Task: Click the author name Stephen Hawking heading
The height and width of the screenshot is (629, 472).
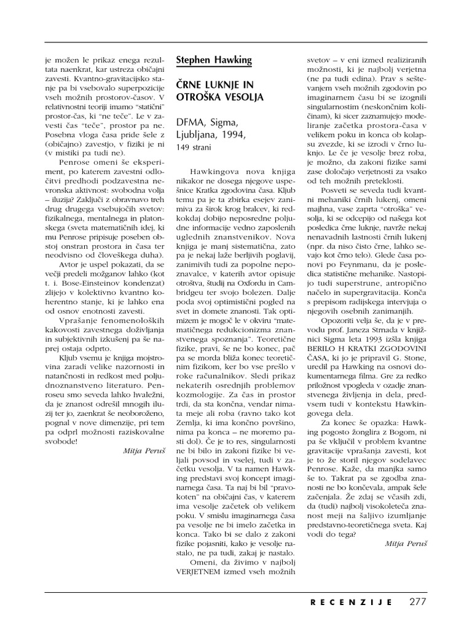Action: (x=213, y=60)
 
